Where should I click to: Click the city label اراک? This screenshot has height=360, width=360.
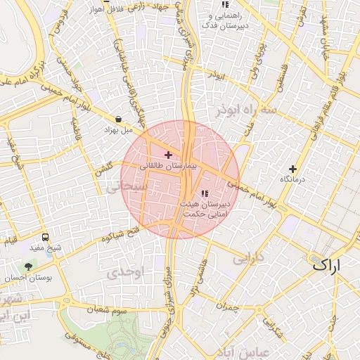click(325, 266)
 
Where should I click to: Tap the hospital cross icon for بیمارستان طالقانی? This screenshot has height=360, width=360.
click(167, 154)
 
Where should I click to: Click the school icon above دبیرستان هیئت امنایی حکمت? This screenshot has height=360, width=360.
click(205, 193)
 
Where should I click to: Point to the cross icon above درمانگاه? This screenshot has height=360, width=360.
click(293, 169)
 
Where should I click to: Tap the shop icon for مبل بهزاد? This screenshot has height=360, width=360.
click(117, 120)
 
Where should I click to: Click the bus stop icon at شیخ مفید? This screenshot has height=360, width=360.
click(46, 238)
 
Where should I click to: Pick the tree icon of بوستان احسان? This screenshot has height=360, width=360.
click(28, 266)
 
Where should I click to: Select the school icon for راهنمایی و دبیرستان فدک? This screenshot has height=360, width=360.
click(224, 4)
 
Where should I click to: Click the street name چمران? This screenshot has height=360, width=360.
click(228, 306)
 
